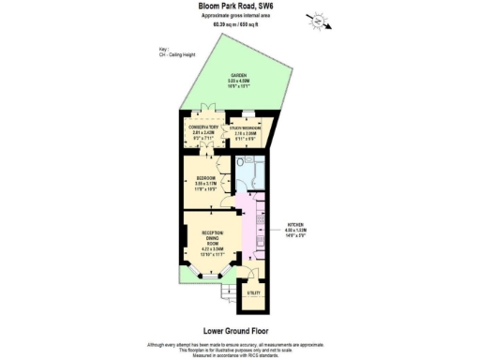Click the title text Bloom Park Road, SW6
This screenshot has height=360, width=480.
coord(239,7)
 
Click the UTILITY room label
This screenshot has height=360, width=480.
coord(253,294)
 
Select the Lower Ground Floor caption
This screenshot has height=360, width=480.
coord(239,330)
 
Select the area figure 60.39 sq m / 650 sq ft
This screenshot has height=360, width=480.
coord(240,24)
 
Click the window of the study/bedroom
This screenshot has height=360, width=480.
coord(248,113)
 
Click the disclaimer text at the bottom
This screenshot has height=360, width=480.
coord(239,349)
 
